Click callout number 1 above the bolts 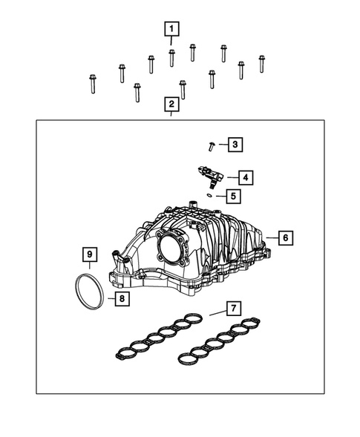pos(171,30)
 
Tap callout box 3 pos(234,144)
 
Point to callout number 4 pos(244,177)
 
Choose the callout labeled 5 pos(234,197)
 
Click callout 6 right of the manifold pos(286,237)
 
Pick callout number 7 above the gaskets pos(234,307)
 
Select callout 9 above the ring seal pos(88,257)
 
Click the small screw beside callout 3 pos(212,145)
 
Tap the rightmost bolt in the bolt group pos(262,64)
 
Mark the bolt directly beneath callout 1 pos(171,57)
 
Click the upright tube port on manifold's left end pos(117,260)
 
